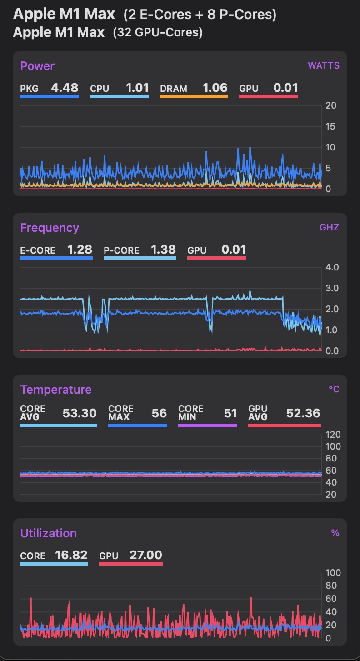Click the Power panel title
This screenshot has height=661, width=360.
point(37,66)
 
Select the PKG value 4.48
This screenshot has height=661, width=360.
point(65,87)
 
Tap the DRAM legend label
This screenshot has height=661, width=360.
point(174,89)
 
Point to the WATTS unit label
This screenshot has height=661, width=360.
point(324,65)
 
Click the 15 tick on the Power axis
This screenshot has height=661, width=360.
point(331,126)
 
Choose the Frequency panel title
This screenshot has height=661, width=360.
point(50,228)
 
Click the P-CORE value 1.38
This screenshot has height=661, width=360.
point(163,249)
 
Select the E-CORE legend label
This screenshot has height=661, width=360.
point(38,250)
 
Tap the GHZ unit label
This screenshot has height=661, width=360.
point(329,227)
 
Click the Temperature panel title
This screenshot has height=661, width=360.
point(56,390)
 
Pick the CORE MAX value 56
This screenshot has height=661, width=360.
point(159,413)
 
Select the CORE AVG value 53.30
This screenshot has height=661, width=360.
point(80,413)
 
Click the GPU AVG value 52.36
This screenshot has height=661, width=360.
point(303,413)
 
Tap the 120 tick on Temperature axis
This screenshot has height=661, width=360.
point(333,435)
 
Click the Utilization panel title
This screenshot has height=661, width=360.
point(48,533)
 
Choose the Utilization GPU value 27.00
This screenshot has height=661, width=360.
point(146,555)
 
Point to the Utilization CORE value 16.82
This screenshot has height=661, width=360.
point(71,555)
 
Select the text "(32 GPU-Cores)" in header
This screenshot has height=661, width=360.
point(158,32)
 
